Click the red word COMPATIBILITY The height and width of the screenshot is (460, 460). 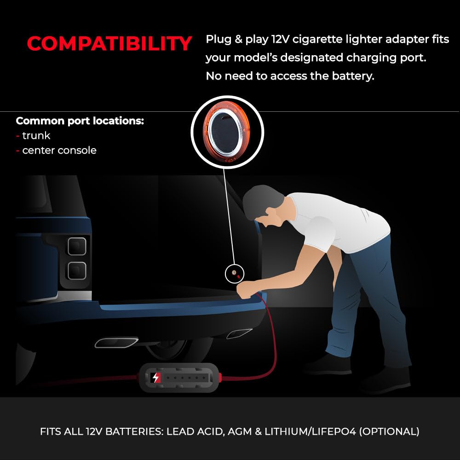click(x=109, y=43)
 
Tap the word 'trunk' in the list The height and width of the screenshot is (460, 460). click(x=36, y=136)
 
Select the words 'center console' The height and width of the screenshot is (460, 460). click(x=59, y=150)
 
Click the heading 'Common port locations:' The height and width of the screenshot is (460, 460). click(x=80, y=121)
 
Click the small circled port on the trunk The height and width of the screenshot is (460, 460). click(x=235, y=274)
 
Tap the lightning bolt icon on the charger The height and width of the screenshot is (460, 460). click(x=155, y=378)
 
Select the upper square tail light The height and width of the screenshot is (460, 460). click(x=77, y=247)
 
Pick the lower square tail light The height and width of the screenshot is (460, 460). click(x=77, y=270)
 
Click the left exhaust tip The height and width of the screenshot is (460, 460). click(x=116, y=343)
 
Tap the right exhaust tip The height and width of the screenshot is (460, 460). click(x=239, y=333)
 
